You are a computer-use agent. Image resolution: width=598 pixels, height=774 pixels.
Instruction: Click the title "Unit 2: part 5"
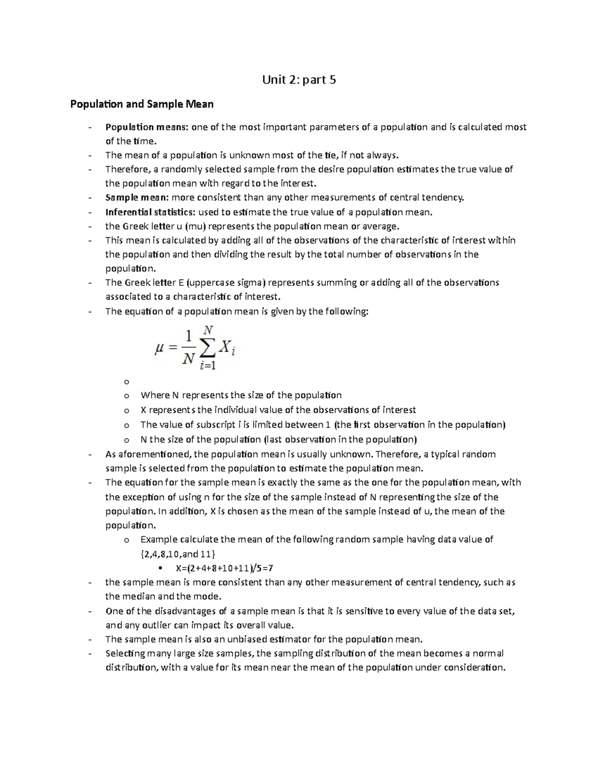(299, 79)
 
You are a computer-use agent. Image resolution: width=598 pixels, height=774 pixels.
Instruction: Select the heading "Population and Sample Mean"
(142, 104)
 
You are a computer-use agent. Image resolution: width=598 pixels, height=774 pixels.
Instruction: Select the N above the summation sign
(208, 329)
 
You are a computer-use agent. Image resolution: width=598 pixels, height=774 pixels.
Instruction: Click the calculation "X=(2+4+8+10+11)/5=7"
(225, 568)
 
